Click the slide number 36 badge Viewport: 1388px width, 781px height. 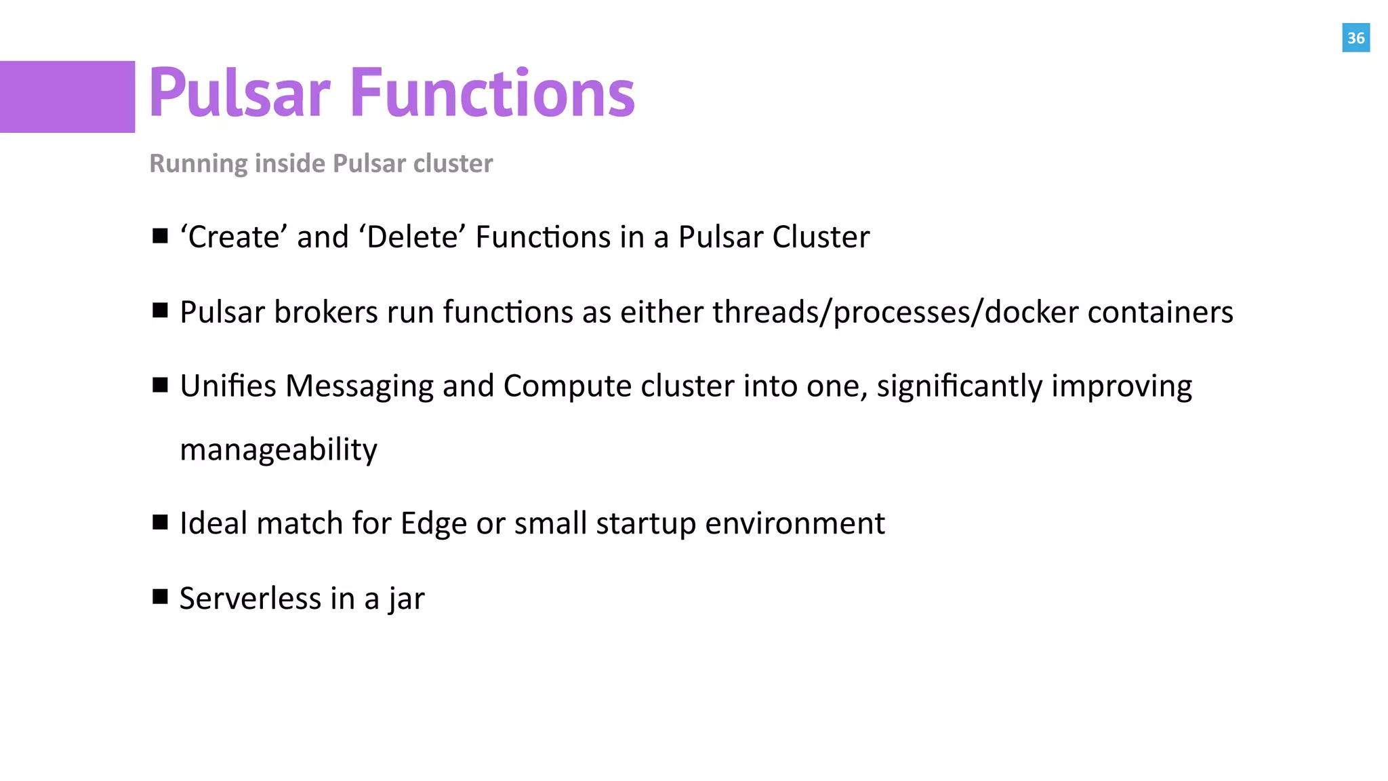coord(1355,38)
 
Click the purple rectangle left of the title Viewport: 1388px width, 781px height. coord(67,97)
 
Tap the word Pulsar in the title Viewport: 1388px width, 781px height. coord(239,93)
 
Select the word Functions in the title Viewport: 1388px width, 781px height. coord(493,93)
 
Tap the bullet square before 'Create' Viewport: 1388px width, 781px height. coord(160,236)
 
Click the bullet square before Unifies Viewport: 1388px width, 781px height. coord(160,385)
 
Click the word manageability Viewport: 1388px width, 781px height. coord(279,450)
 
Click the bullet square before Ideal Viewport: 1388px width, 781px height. coord(160,523)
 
